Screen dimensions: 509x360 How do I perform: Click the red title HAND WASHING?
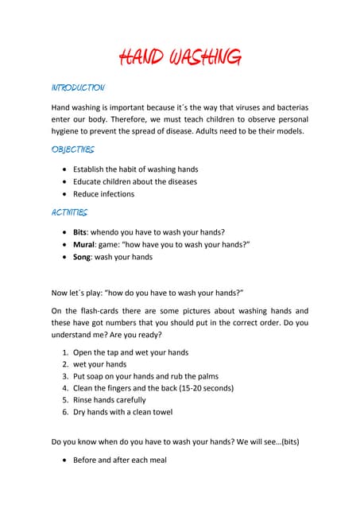point(180,57)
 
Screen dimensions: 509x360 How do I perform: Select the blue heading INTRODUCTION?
point(78,87)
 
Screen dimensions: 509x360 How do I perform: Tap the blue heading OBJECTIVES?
point(73,150)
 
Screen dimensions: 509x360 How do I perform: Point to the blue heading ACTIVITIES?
point(70,212)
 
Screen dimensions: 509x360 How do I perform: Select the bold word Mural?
point(84,245)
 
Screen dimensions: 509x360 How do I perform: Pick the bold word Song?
point(83,257)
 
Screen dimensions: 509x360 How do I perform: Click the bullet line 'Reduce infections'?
point(103,193)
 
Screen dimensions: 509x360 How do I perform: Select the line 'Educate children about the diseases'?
point(134,181)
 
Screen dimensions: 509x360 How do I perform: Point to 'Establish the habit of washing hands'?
point(135,169)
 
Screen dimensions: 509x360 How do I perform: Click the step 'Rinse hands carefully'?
point(109,400)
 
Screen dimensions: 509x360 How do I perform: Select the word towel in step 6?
point(161,412)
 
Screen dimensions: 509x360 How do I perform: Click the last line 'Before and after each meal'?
point(119,459)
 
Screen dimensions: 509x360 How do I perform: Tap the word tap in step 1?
point(118,352)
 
